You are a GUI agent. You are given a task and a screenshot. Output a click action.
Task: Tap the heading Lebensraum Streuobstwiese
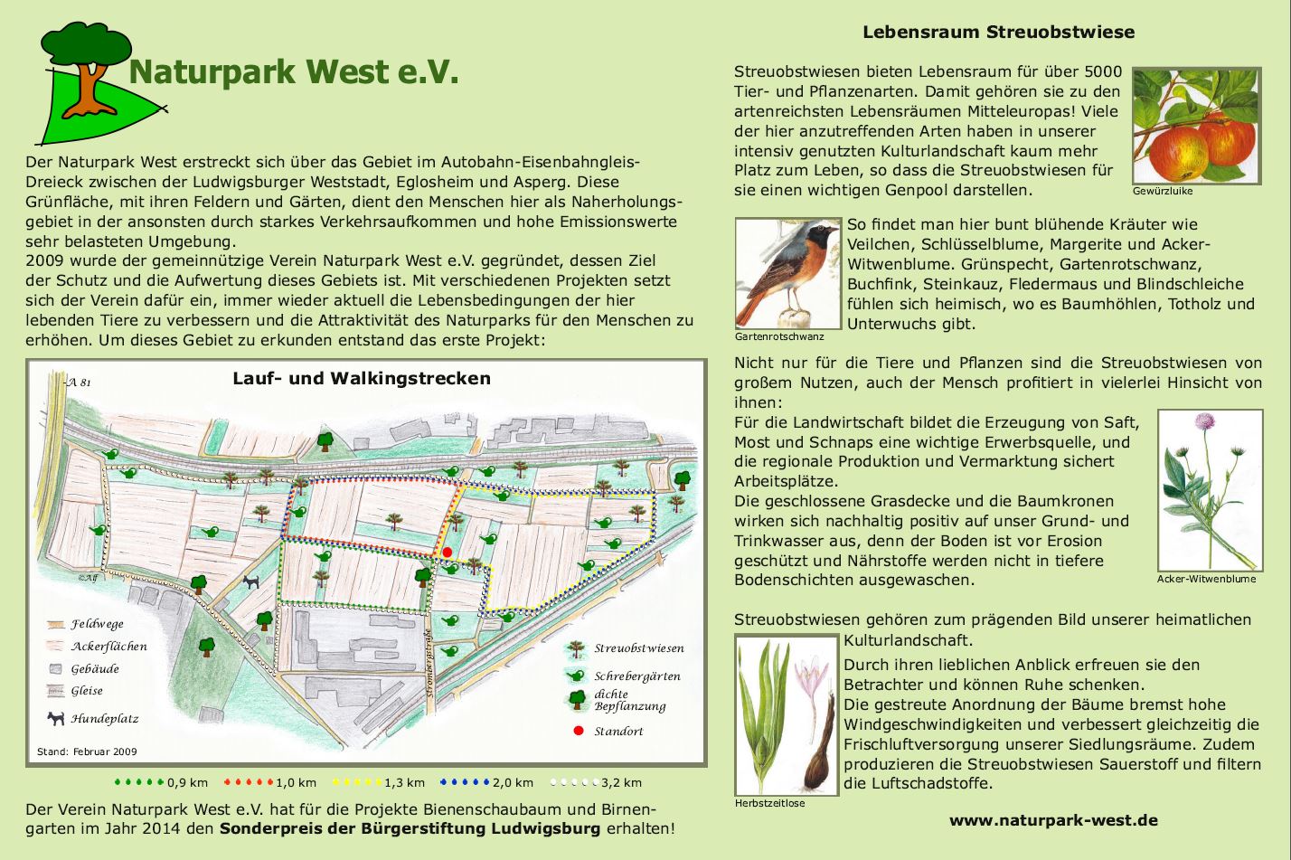coord(998,33)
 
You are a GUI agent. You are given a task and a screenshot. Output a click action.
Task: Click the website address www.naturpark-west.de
coord(1053,821)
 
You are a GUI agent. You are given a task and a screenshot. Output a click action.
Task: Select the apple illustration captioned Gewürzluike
coord(1195,126)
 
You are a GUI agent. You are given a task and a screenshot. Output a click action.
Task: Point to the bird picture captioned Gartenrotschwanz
coord(788,273)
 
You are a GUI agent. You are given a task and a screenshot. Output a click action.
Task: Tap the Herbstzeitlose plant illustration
coord(787,714)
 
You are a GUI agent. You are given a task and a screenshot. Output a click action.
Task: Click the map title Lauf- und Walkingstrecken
coord(362,378)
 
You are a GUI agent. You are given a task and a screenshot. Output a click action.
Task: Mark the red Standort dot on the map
coord(447,553)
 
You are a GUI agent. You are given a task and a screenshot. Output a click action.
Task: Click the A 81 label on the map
coord(80,383)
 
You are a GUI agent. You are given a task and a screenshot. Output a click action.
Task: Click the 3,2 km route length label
coord(621,782)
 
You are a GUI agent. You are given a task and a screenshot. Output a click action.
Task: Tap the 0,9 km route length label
coord(187,782)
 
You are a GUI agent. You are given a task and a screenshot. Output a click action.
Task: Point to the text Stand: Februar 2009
coord(87,751)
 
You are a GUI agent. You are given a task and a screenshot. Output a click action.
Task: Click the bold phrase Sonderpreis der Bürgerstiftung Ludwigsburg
coord(410,828)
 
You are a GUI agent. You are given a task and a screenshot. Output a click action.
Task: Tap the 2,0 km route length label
coord(513,782)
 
